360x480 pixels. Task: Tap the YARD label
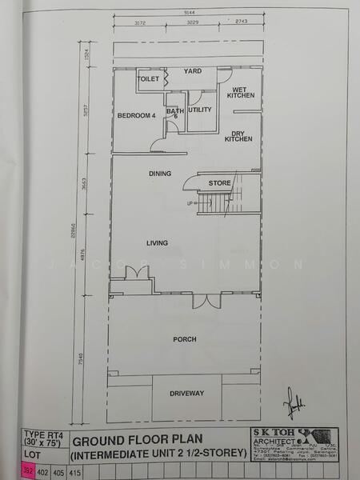click(193, 71)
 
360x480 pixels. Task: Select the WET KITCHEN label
click(241, 92)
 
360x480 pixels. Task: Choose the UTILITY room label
click(199, 109)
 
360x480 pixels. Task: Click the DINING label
click(160, 173)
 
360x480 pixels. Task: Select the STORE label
click(219, 184)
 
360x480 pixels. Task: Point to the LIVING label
click(156, 242)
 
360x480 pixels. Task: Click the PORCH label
click(185, 339)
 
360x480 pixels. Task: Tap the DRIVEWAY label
click(187, 393)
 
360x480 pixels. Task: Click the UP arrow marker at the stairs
click(190, 203)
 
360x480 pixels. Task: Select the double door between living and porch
click(204, 301)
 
